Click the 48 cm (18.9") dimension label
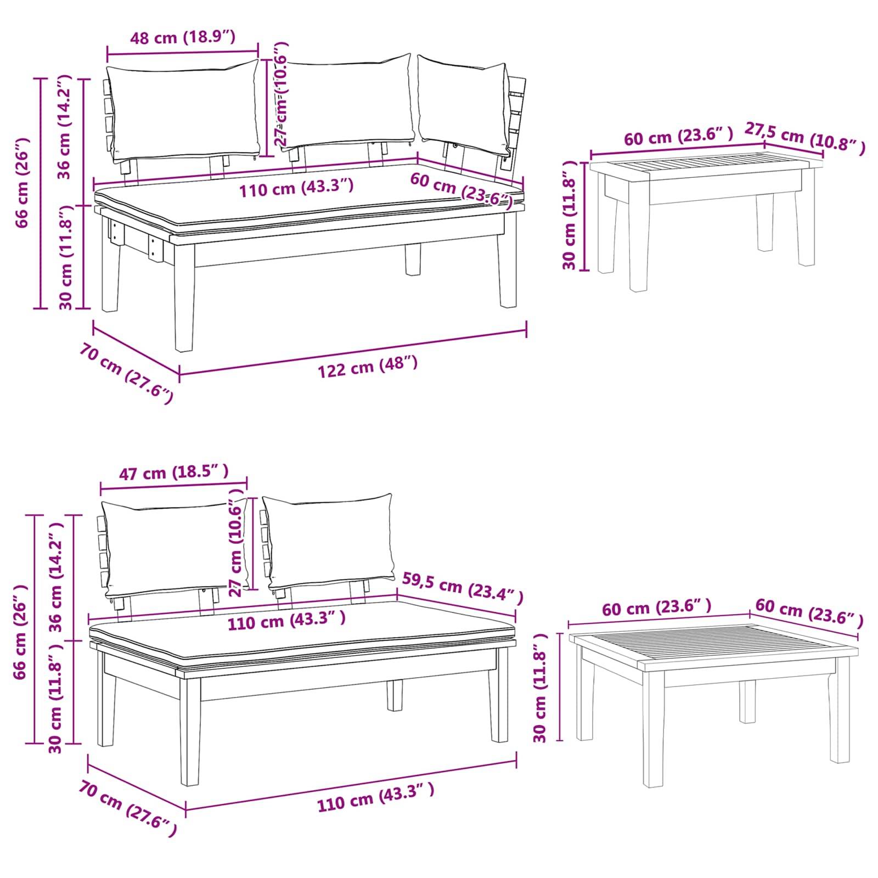coord(182,38)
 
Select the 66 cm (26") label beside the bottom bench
coord(21,632)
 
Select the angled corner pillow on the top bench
coord(464,104)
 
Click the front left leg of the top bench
coord(184,307)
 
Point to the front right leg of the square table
coord(840,713)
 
